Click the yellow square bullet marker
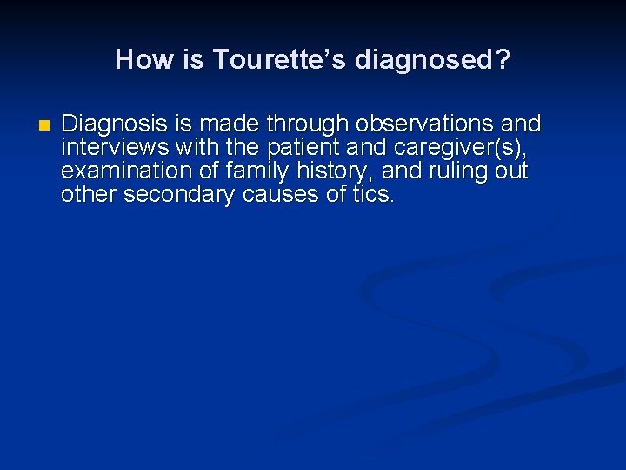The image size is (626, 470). pyautogui.click(x=44, y=124)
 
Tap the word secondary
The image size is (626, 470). pyautogui.click(x=179, y=194)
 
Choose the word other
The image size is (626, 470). pyautogui.click(x=89, y=194)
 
